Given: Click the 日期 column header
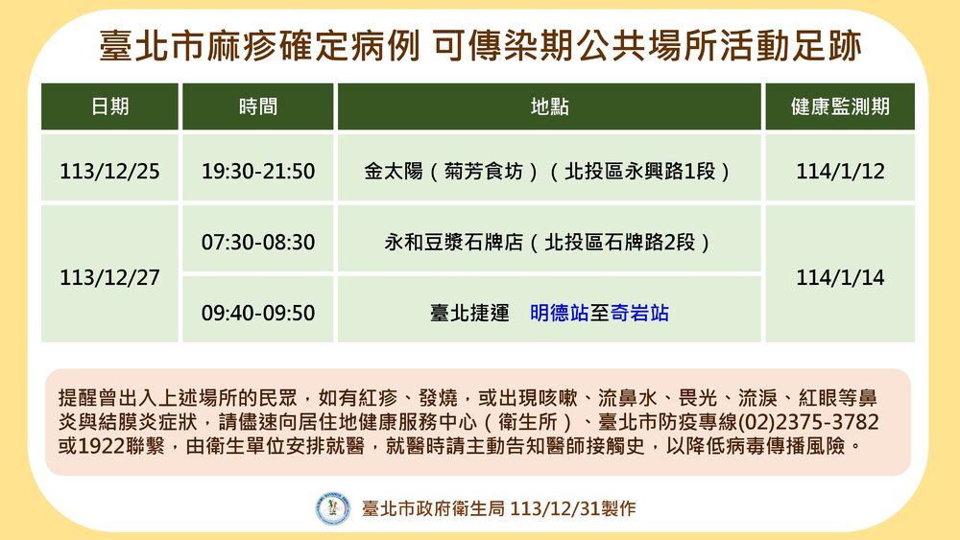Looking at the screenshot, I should coord(109,106).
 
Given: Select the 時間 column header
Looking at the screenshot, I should coord(257,106).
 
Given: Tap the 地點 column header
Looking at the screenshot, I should coord(549,106).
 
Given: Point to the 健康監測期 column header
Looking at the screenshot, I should coord(839,106).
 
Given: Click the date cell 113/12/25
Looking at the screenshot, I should coord(109,172).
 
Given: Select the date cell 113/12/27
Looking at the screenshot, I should coord(109,277).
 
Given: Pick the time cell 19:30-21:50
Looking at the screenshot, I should coord(257,172).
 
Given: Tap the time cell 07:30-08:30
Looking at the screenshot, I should coord(257,242).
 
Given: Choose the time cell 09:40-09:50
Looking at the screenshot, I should coord(257,313).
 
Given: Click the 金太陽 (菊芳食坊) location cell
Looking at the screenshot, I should coord(549,172).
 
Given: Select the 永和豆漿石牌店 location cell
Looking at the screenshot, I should coord(549,242).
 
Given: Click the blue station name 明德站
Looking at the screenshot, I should coord(561,313).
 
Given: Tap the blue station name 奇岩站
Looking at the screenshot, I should coord(639,313).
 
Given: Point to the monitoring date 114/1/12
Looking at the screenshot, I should coord(839,172).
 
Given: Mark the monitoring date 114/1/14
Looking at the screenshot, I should coord(839,277).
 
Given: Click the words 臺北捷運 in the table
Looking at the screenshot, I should coord(469,313).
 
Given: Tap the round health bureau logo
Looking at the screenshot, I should coord(333,507).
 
